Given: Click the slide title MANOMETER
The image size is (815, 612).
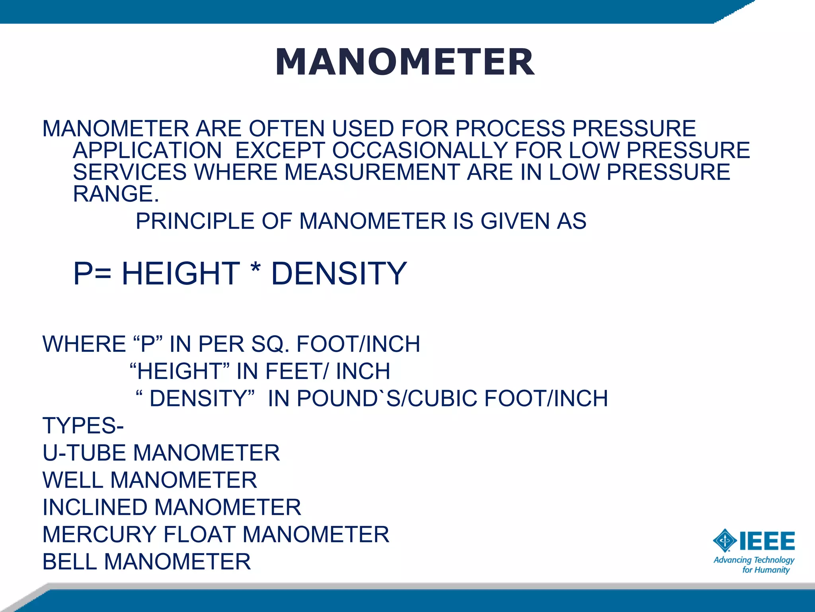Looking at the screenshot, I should (x=405, y=62).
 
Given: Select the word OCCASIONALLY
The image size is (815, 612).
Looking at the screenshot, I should (x=419, y=150).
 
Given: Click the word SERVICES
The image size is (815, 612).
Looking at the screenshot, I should (x=130, y=172).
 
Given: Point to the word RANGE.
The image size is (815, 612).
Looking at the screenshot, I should (x=115, y=194).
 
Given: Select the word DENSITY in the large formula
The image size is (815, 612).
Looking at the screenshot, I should (x=339, y=274).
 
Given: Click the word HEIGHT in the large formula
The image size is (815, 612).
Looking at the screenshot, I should (x=181, y=274).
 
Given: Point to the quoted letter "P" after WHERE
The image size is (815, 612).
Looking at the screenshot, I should (x=148, y=344).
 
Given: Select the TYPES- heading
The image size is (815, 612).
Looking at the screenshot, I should (x=83, y=426).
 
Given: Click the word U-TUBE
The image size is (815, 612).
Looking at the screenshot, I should (x=84, y=453).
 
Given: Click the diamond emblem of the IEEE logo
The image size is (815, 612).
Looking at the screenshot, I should (x=725, y=541).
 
